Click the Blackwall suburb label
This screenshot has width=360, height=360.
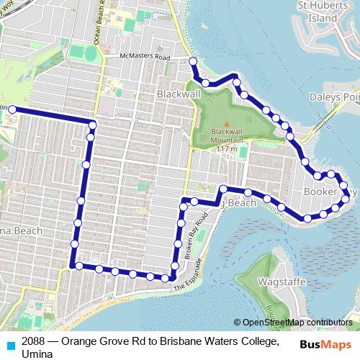(x=177, y=94)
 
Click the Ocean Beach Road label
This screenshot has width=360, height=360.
(x=103, y=22)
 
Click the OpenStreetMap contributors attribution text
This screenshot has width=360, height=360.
(x=297, y=322)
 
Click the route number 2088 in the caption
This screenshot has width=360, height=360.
(x=35, y=341)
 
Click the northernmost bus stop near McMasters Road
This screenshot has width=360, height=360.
(x=193, y=62)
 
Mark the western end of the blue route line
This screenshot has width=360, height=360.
(x=11, y=109)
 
